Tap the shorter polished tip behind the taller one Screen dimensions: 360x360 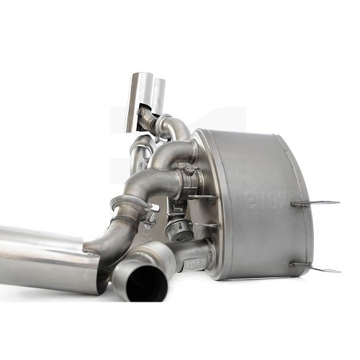click(x=158, y=92)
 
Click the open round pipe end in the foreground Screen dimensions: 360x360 click(x=140, y=281)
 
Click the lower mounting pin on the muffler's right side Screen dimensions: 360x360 click(x=317, y=268)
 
